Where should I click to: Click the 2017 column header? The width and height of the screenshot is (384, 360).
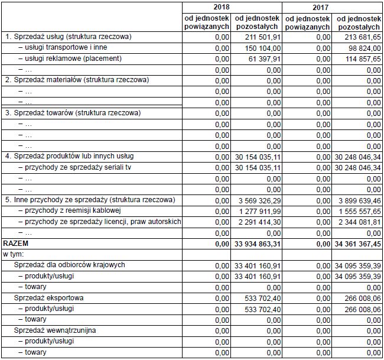pos(331,8)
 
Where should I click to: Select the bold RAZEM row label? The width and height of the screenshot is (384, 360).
pos(16,243)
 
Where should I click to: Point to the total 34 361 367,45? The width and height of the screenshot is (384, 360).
pos(357,243)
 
